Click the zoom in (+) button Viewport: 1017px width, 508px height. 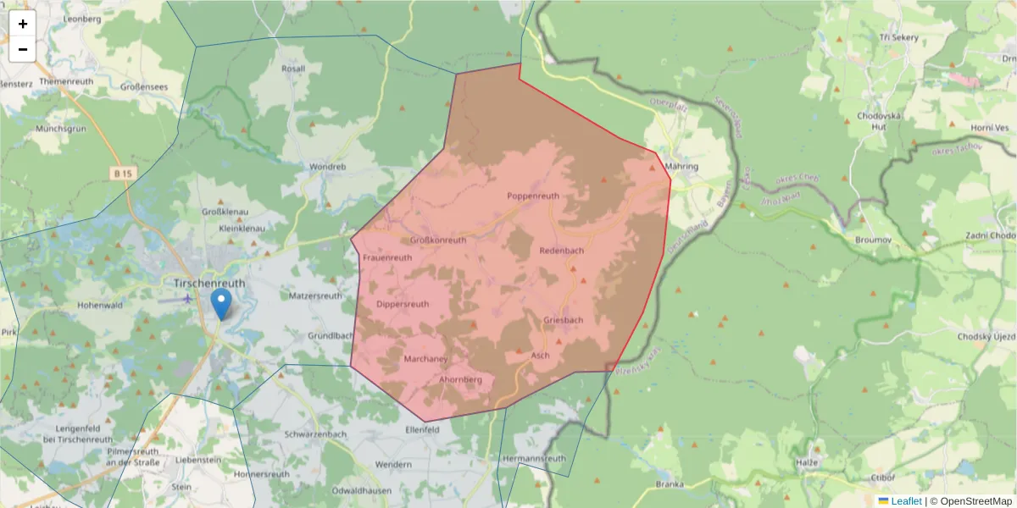click(x=23, y=24)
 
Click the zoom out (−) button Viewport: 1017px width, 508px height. click(x=23, y=49)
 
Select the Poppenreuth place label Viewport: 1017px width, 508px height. click(x=533, y=196)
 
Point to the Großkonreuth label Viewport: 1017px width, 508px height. click(x=438, y=240)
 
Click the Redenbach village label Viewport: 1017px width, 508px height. click(x=561, y=251)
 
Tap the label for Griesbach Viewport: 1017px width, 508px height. click(x=564, y=320)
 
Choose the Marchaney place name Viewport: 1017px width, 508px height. click(x=425, y=359)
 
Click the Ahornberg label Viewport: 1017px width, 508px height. click(x=461, y=379)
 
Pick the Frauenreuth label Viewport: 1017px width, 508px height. click(x=387, y=257)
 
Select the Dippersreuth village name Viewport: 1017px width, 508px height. click(x=403, y=304)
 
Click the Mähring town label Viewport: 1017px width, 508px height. click(x=682, y=167)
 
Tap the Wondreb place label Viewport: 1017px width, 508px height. click(x=328, y=167)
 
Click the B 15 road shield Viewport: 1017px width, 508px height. click(x=123, y=173)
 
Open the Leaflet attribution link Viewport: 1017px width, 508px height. click(x=906, y=501)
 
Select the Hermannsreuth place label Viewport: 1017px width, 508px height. click(x=534, y=458)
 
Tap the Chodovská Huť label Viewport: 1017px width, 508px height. click(x=872, y=120)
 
